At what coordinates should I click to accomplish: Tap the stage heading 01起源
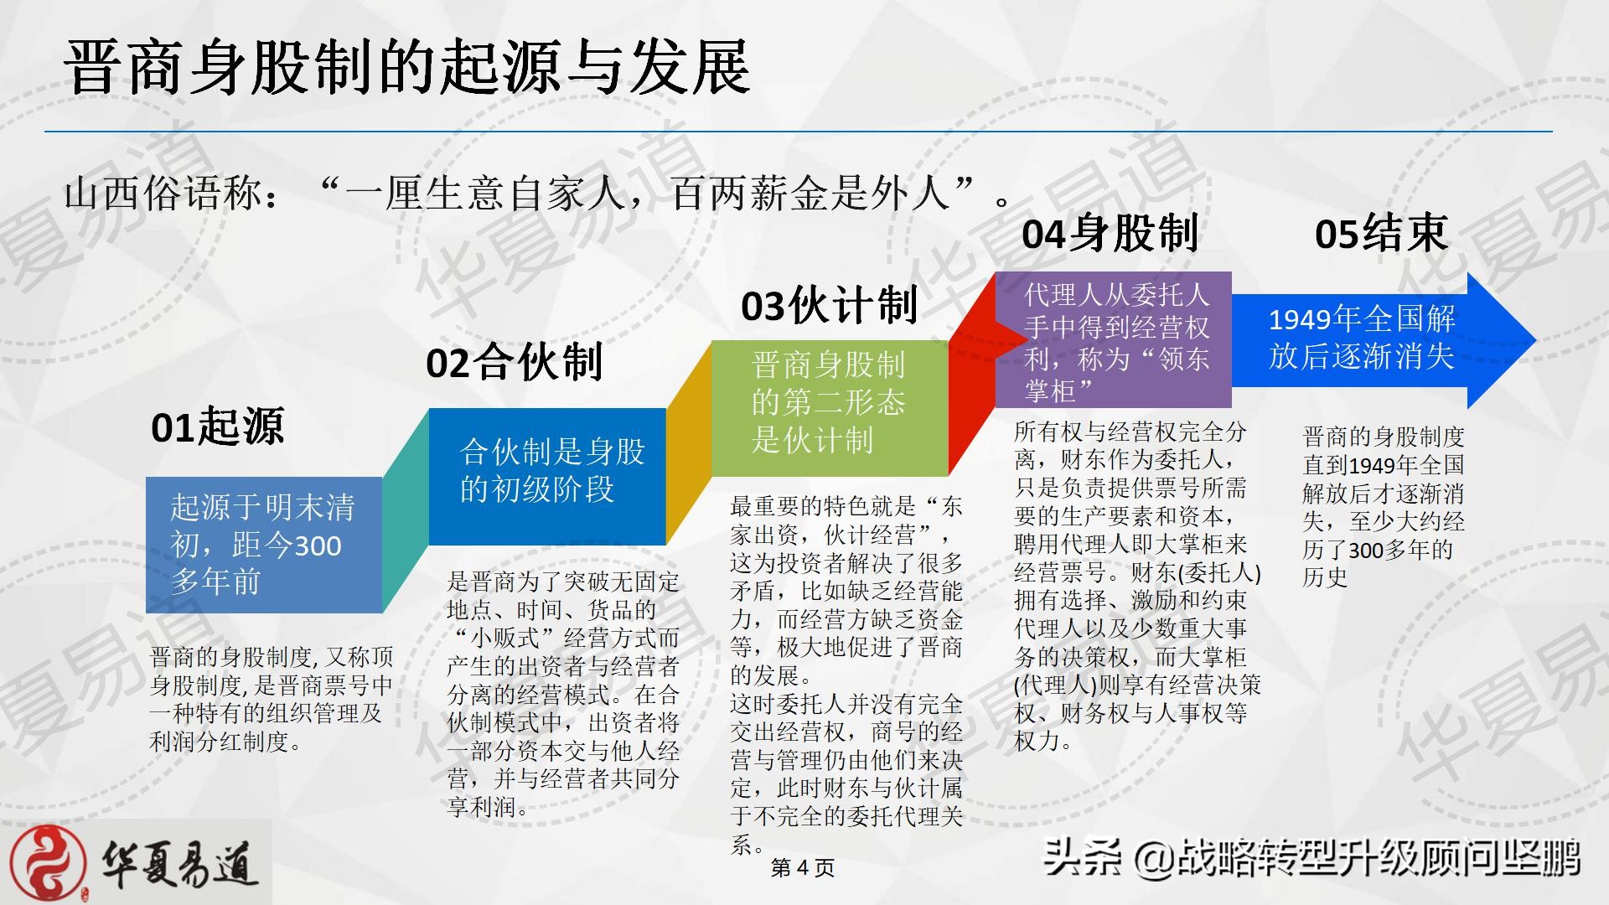pyautogui.click(x=218, y=427)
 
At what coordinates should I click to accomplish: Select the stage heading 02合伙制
pyautogui.click(x=515, y=363)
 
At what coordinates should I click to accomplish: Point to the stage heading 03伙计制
pyautogui.click(x=830, y=305)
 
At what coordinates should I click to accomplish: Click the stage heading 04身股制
pyautogui.click(x=1110, y=233)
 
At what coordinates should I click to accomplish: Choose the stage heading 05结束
pyautogui.click(x=1381, y=233)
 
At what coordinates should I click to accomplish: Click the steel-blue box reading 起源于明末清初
pyautogui.click(x=264, y=545)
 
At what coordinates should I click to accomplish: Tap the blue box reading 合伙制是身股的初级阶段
pyautogui.click(x=547, y=477)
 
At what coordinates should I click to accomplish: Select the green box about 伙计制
pyautogui.click(x=830, y=408)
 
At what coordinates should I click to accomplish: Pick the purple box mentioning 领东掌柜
pyautogui.click(x=1114, y=339)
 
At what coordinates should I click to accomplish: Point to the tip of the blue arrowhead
pyautogui.click(x=1536, y=340)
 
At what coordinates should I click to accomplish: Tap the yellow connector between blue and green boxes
pyautogui.click(x=689, y=442)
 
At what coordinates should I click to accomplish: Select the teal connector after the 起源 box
pyautogui.click(x=406, y=511)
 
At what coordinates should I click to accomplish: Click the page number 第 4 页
pyautogui.click(x=803, y=868)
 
